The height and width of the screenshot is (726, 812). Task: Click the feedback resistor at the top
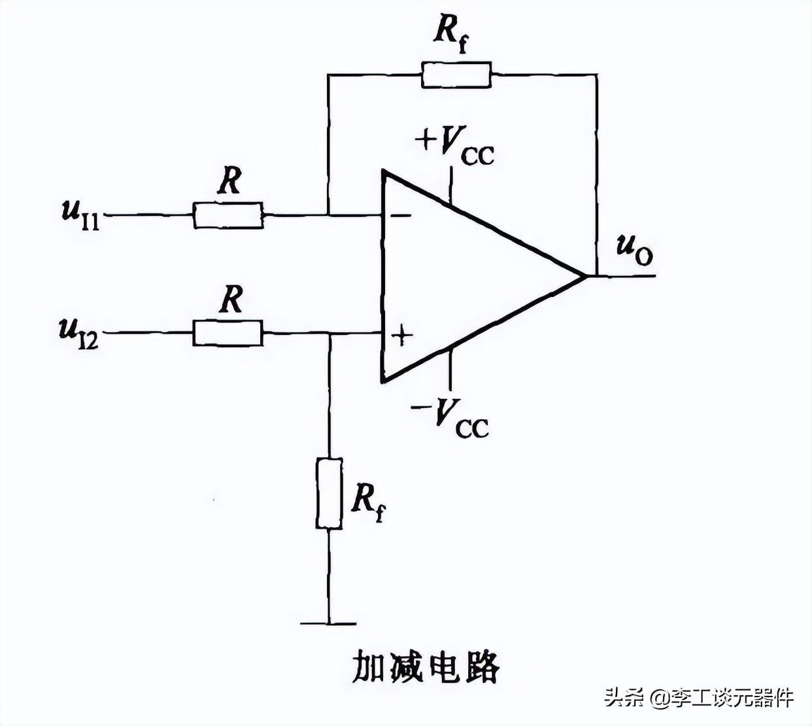pos(456,75)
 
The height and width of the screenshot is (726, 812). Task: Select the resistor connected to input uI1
pos(229,215)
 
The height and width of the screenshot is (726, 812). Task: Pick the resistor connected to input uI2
pos(228,333)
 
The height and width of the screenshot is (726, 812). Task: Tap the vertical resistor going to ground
pos(329,493)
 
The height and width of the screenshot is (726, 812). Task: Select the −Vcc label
pos(450,417)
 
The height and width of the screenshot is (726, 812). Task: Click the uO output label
pos(634,249)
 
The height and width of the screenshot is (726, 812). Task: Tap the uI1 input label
pos(80,214)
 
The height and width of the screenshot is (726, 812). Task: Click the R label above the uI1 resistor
pos(229,181)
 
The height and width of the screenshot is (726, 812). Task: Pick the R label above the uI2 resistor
pos(230,299)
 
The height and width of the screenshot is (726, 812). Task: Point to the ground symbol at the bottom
pos(329,623)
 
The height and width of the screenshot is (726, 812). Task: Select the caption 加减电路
pos(426,668)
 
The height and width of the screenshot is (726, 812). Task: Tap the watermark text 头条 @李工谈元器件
pos(699,697)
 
